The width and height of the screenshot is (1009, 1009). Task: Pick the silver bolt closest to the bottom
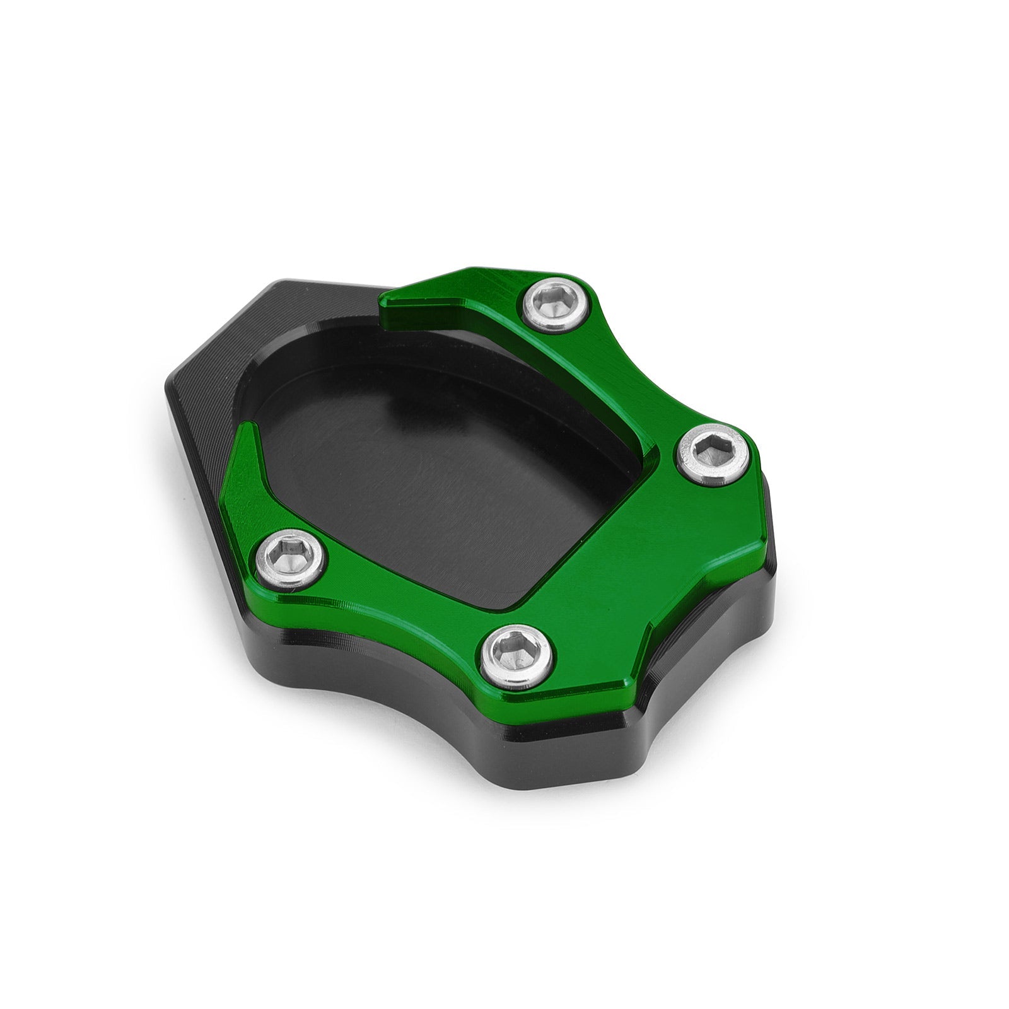coord(517,656)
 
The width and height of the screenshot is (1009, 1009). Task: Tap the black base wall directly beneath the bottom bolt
coord(504,732)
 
